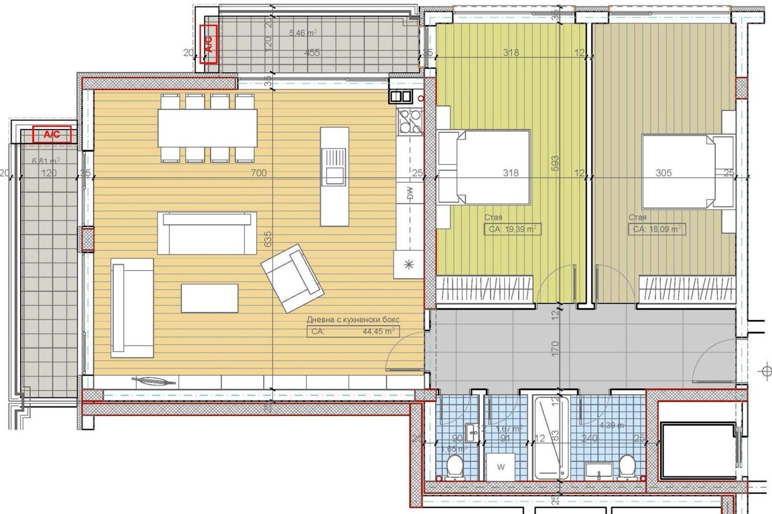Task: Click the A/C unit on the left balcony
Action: [51, 135]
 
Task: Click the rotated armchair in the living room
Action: [292, 278]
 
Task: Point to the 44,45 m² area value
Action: [378, 332]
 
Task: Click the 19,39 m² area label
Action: [512, 229]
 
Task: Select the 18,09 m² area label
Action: [657, 229]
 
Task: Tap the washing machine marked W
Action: [500, 467]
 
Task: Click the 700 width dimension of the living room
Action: [259, 173]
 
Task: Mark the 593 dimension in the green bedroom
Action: [554, 164]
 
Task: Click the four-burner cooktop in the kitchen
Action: [409, 121]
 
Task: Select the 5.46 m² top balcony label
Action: [303, 33]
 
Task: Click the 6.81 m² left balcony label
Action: [45, 161]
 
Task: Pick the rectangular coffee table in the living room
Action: [209, 298]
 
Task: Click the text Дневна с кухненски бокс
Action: [353, 320]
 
